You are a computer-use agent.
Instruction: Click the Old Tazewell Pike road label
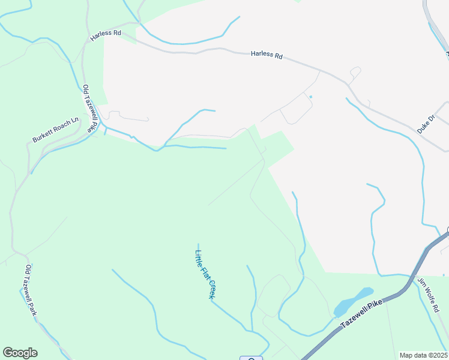tap(89, 109)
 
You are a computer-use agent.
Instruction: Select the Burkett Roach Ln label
tap(56, 130)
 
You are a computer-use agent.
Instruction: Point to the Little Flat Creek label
tap(205, 274)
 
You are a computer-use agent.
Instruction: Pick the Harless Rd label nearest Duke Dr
tap(267, 55)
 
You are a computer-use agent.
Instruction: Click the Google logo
tap(20, 353)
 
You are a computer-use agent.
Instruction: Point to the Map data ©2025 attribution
tap(423, 355)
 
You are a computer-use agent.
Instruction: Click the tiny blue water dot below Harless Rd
tap(310, 97)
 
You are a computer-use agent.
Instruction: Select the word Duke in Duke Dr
tap(422, 127)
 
